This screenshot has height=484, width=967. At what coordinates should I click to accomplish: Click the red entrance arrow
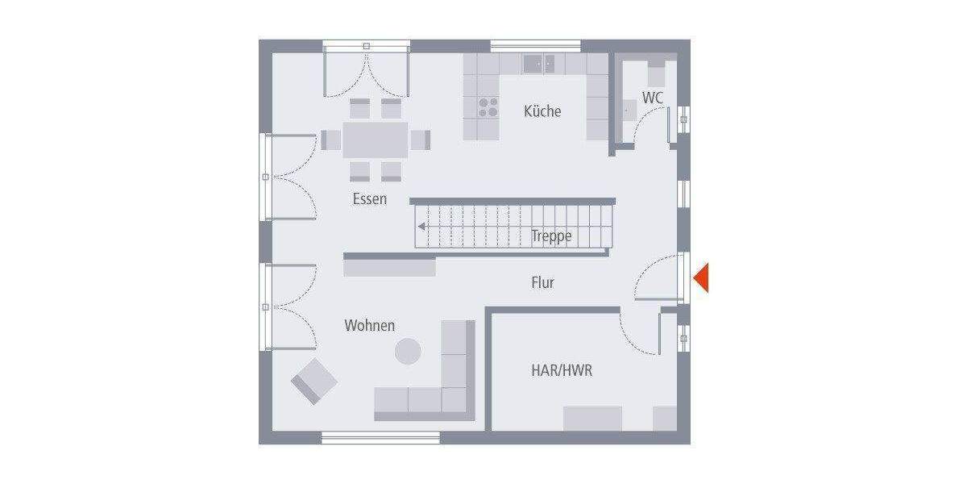[701, 277]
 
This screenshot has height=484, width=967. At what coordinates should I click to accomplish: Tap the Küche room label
[542, 111]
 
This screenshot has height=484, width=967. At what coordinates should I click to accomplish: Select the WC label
[653, 98]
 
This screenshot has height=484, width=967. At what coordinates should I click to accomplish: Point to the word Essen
[370, 198]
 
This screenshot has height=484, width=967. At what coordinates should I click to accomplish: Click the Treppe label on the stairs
[552, 236]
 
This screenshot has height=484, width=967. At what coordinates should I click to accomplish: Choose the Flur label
[542, 283]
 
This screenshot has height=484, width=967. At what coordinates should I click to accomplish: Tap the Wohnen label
[370, 326]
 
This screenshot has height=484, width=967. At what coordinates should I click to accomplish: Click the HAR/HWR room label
[562, 371]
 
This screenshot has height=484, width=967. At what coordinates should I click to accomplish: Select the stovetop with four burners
[488, 107]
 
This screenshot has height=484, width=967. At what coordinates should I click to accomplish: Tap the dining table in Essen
[376, 139]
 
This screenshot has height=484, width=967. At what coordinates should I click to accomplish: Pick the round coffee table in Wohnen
[408, 351]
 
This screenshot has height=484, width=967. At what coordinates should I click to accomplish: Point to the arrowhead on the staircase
[421, 227]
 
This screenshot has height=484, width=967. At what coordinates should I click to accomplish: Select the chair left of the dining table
[331, 140]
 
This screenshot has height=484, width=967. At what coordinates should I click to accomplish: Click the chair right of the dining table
[420, 140]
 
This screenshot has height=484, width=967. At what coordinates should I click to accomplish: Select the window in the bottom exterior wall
[380, 438]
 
